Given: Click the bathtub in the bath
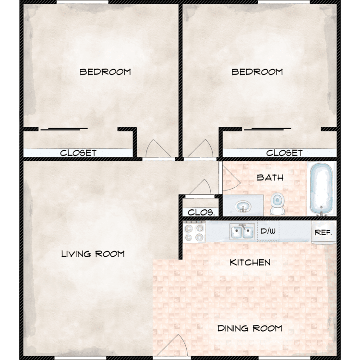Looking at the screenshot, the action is [x=321, y=189].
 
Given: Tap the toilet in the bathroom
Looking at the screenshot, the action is [x=277, y=204].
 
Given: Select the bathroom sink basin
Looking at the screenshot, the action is [x=243, y=206].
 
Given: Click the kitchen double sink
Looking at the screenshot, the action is [x=242, y=231].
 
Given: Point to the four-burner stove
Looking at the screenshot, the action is [x=194, y=232].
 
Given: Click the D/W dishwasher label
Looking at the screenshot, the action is [x=268, y=231].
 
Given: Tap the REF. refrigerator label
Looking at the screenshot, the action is [x=323, y=233].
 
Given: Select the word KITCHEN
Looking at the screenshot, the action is [x=250, y=263].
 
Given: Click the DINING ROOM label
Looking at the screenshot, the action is [x=250, y=328].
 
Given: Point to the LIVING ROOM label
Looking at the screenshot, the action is [x=93, y=254].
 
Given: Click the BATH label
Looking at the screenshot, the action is [x=270, y=178].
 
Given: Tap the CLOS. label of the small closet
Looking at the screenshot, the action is [x=201, y=212].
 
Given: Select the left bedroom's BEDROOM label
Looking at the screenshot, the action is [x=105, y=72].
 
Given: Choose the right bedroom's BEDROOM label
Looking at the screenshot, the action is [x=257, y=72].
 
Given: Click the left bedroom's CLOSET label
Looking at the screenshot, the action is [x=78, y=153].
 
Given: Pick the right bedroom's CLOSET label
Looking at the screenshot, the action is [x=284, y=153].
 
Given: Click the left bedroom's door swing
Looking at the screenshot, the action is [x=158, y=149].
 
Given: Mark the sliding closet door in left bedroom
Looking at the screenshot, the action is [x=64, y=129].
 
